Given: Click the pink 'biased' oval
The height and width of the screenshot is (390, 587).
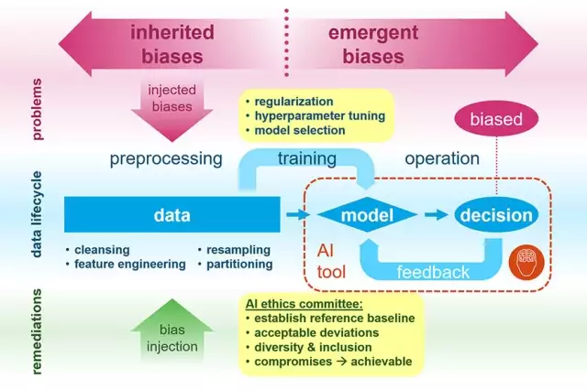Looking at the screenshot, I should click(496, 120).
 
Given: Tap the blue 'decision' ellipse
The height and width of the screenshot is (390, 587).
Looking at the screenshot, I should click(494, 216).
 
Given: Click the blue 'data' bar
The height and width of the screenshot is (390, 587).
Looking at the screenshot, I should click(172, 216).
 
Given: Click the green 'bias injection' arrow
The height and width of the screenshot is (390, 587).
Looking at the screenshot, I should click(172, 337).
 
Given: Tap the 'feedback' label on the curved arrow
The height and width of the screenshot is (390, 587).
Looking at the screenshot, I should click(432, 272).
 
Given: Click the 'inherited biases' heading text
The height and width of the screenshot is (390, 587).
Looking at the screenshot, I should click(172, 45).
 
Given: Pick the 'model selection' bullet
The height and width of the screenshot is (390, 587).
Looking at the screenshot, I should click(302, 130).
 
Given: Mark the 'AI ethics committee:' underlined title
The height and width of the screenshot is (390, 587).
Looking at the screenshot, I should click(305, 303).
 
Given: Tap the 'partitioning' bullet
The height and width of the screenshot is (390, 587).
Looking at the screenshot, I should click(239, 264).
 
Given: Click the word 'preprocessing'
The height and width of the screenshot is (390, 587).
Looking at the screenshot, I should click(166, 158).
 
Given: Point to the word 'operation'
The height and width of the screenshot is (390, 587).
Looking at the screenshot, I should click(442, 158).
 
